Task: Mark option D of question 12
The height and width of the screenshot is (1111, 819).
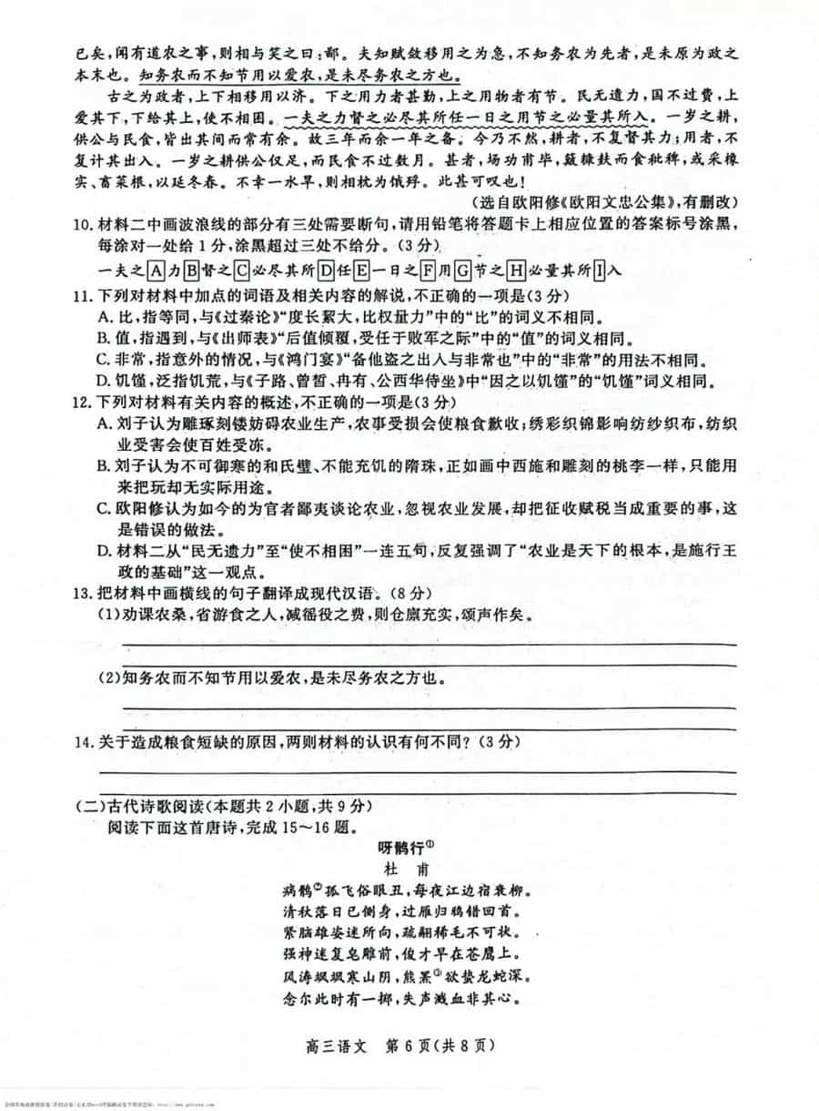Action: pos(104,551)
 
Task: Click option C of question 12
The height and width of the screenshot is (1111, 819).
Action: pos(104,509)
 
